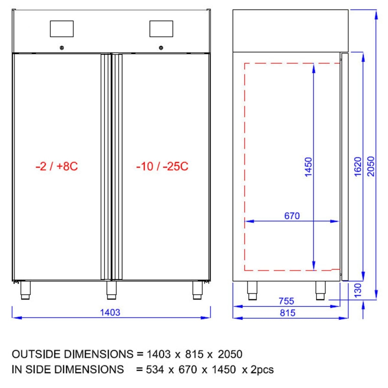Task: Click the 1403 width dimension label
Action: [110, 312]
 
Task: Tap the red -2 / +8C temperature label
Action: [57, 166]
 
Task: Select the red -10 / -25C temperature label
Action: [162, 166]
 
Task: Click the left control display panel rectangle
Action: [62, 29]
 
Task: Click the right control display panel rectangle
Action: [161, 29]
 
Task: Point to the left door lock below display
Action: [62, 48]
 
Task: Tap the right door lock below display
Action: [161, 48]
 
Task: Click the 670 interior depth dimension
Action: [292, 216]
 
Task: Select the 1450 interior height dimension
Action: [308, 167]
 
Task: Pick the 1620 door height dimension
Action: [358, 166]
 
